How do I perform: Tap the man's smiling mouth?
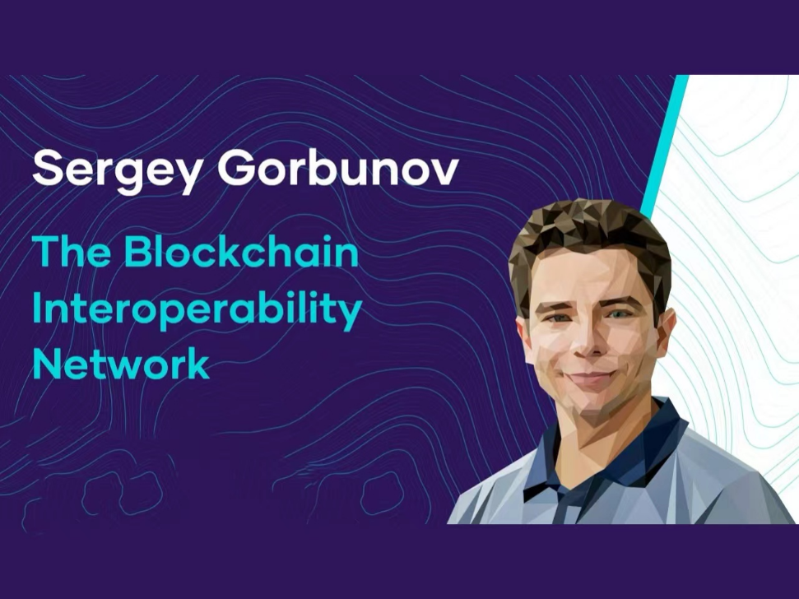point(591,380)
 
